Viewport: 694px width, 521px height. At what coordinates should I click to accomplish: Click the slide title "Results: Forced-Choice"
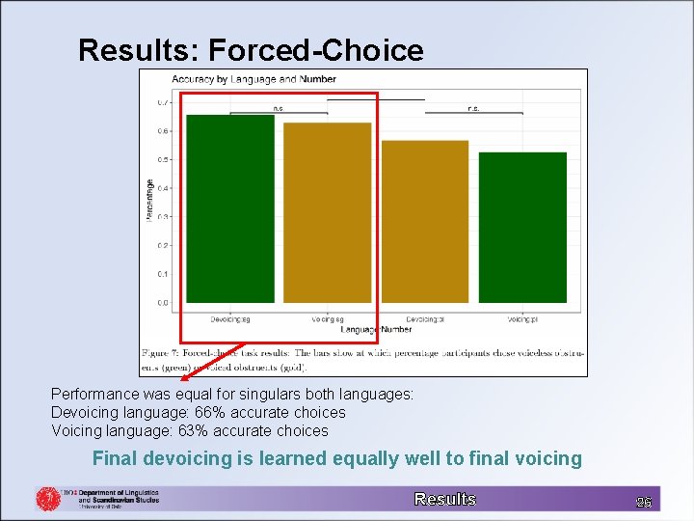pos(251,50)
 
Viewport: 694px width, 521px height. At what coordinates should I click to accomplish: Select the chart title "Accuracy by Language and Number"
pos(254,79)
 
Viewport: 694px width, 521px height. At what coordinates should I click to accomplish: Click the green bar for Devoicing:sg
pos(230,208)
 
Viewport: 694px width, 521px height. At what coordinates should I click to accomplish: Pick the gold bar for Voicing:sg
pos(327,212)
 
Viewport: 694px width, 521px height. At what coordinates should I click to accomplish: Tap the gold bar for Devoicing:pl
pos(424,222)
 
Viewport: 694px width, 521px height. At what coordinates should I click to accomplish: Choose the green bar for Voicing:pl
pos(522,228)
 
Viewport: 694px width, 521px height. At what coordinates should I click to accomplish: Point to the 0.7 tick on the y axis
pos(163,102)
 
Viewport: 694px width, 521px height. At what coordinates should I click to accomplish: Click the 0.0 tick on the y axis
pos(163,303)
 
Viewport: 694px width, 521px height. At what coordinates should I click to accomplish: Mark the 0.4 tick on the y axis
pos(163,188)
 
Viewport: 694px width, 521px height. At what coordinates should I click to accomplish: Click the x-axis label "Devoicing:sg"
pos(230,318)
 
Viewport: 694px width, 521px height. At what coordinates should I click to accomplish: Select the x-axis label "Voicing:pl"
pos(522,318)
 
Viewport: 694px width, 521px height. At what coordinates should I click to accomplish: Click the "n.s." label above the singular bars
pos(279,108)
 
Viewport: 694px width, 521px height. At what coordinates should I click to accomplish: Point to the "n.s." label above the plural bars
pos(473,108)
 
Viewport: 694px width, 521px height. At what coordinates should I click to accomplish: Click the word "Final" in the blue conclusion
pos(113,458)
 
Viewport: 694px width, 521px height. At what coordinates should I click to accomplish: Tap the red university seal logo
pos(48,498)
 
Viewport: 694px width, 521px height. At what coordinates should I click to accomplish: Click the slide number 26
pos(643,502)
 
